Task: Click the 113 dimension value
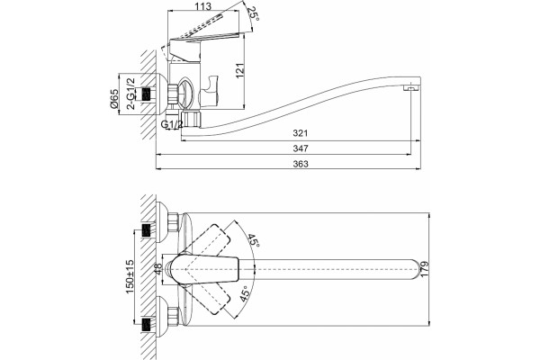pos(202,6)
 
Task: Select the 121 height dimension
pos(240,70)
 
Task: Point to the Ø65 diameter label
pos(114,99)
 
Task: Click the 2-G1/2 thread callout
pos(130,94)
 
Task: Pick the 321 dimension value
pos(301,133)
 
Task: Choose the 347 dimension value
pos(301,148)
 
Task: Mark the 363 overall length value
pos(301,164)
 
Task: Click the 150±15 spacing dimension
pos(130,276)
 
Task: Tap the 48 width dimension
pos(157,269)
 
